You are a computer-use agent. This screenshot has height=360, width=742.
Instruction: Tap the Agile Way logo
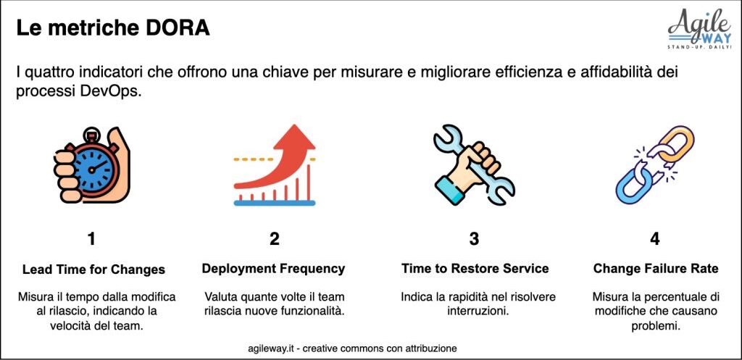click(x=699, y=29)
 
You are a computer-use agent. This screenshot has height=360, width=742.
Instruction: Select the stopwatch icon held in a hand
click(x=92, y=166)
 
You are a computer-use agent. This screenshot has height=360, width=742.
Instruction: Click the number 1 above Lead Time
click(x=91, y=239)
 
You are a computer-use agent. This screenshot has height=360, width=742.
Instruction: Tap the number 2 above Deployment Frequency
click(x=274, y=239)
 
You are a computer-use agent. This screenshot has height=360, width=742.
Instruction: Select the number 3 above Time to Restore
click(x=474, y=239)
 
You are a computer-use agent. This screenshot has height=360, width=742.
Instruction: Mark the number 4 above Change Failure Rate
click(x=655, y=239)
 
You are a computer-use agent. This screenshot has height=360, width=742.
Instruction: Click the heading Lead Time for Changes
click(x=93, y=269)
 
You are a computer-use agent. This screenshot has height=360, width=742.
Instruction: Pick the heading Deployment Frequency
click(x=273, y=269)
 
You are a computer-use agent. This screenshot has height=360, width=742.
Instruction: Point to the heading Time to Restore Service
click(x=475, y=269)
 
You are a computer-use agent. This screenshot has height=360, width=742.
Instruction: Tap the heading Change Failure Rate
click(x=656, y=269)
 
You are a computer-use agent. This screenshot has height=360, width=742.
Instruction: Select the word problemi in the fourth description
click(x=656, y=326)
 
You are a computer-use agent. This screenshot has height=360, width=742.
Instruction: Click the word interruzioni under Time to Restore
click(x=478, y=311)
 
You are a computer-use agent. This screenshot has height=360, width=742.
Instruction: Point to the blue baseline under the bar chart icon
click(x=275, y=203)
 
